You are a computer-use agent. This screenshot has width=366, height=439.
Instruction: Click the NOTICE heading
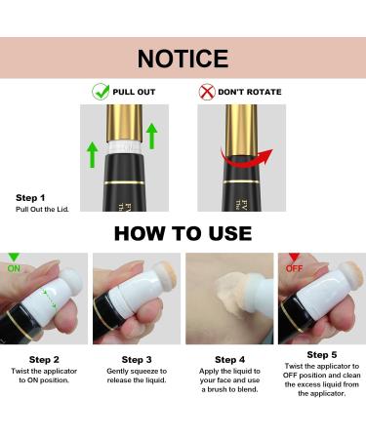183,59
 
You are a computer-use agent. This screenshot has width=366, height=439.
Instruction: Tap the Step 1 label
30,197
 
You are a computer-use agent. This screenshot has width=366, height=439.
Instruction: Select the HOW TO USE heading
183,233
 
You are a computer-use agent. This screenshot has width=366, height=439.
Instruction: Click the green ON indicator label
15,267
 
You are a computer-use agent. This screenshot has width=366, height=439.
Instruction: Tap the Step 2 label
45,360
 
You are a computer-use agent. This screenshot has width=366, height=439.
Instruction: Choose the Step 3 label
135,360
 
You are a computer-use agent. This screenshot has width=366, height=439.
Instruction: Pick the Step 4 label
227,360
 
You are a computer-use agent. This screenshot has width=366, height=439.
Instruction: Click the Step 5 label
320,354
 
